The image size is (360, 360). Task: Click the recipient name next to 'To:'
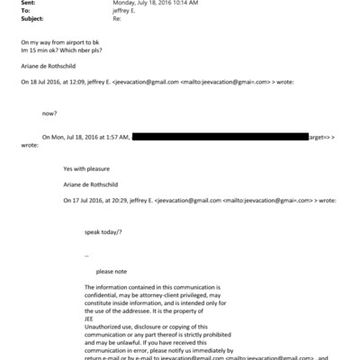click(x=125, y=13)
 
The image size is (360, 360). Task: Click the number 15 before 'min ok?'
click(x=32, y=50)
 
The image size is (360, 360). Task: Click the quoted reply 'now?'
click(x=50, y=113)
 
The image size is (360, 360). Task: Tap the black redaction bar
click(x=220, y=136)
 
